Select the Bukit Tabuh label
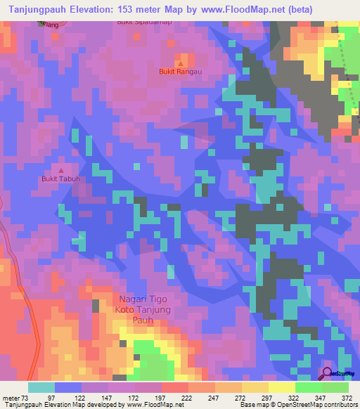coord(60,178)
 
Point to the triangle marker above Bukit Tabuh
coord(60,170)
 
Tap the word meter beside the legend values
coord(12,398)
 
